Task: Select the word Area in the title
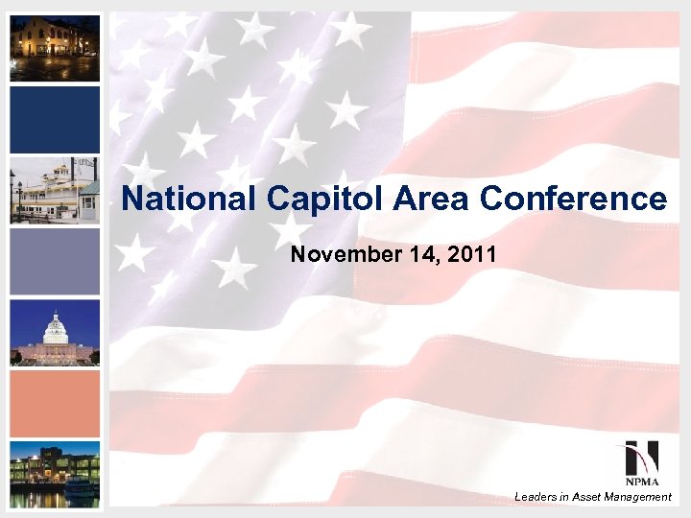pyautogui.click(x=423, y=200)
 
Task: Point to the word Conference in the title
pyautogui.click(x=573, y=200)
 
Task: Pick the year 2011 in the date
pyautogui.click(x=475, y=255)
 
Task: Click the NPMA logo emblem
pyautogui.click(x=635, y=456)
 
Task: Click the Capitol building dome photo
pyautogui.click(x=55, y=333)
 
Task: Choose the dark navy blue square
pyautogui.click(x=55, y=120)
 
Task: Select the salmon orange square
pyautogui.click(x=55, y=404)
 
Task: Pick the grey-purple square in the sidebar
pyautogui.click(x=55, y=262)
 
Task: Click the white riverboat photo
pyautogui.click(x=55, y=191)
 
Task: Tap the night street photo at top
pyautogui.click(x=55, y=49)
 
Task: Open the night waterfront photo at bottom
pyautogui.click(x=55, y=475)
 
